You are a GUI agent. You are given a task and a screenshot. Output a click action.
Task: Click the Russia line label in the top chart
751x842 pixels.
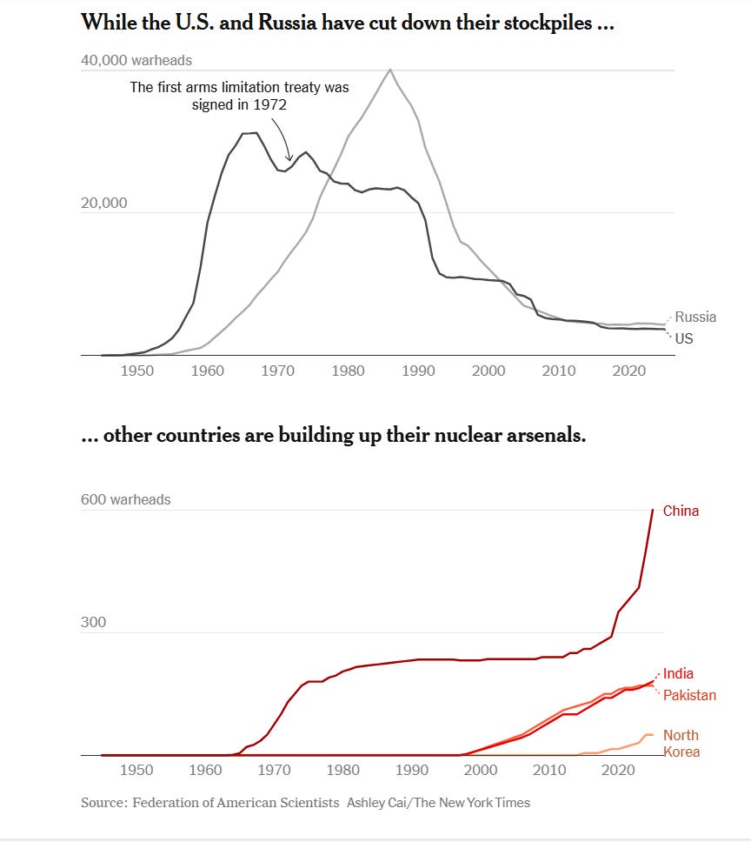pos(695,317)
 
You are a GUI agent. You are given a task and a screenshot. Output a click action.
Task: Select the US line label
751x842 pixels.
pos(684,338)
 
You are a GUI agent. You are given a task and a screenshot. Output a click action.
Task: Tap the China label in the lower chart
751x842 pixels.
pos(681,511)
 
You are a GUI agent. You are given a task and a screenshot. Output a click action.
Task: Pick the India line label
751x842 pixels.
pos(678,673)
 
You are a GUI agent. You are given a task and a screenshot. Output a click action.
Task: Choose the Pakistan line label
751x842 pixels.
pos(689,695)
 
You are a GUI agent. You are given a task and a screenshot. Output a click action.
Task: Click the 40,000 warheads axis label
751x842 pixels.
pos(136,61)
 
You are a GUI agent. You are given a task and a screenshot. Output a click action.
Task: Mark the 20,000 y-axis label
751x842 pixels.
pos(103,203)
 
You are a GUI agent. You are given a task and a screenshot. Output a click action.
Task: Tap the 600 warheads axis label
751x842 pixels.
pos(126,500)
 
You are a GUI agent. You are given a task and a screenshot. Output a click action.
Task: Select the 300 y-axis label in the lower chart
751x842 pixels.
pos(92,623)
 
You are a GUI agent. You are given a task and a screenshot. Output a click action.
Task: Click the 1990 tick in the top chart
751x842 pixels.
pos(418,371)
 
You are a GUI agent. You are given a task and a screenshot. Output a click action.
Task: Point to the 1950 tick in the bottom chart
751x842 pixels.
pos(136,771)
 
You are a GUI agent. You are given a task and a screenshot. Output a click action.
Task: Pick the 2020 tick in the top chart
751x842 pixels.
pos(628,371)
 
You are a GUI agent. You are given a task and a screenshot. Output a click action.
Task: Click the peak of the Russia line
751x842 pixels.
pos(390,70)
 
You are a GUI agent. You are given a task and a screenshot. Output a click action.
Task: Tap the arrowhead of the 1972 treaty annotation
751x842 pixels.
pos(289,158)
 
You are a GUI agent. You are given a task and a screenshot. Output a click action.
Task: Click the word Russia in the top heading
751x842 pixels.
pos(309,23)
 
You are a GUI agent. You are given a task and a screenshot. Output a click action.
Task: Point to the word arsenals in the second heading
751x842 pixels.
pos(542,435)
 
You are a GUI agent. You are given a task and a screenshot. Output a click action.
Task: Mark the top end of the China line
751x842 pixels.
pos(653,510)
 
